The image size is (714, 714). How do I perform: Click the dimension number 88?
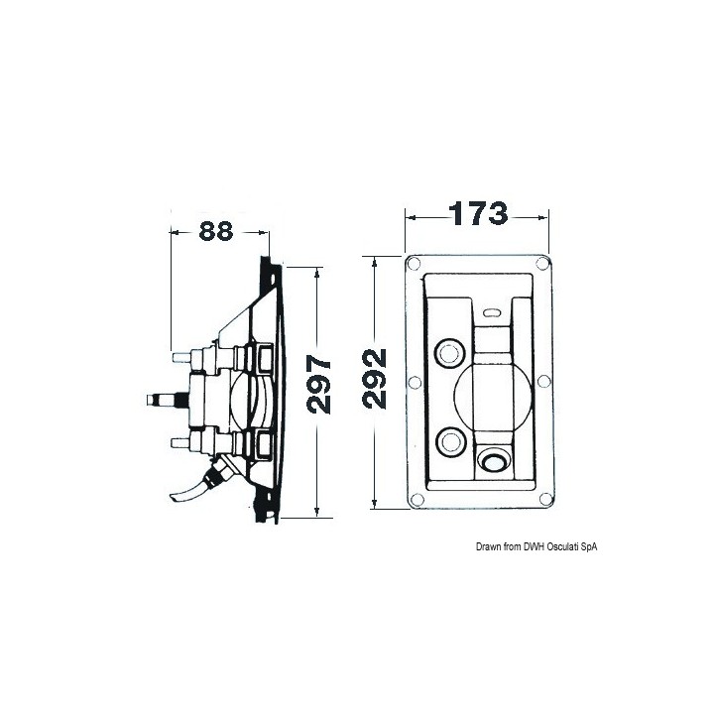(216, 231)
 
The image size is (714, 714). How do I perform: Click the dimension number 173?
(478, 213)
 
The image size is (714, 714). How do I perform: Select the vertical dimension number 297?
(318, 385)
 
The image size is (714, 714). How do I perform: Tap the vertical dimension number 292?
(374, 379)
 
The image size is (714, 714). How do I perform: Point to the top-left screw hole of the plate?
(413, 263)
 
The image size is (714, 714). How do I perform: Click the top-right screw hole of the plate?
(542, 263)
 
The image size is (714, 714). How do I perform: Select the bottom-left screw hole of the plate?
(416, 500)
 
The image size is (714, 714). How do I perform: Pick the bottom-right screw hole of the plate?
(545, 499)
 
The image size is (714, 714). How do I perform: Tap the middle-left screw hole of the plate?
(415, 382)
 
